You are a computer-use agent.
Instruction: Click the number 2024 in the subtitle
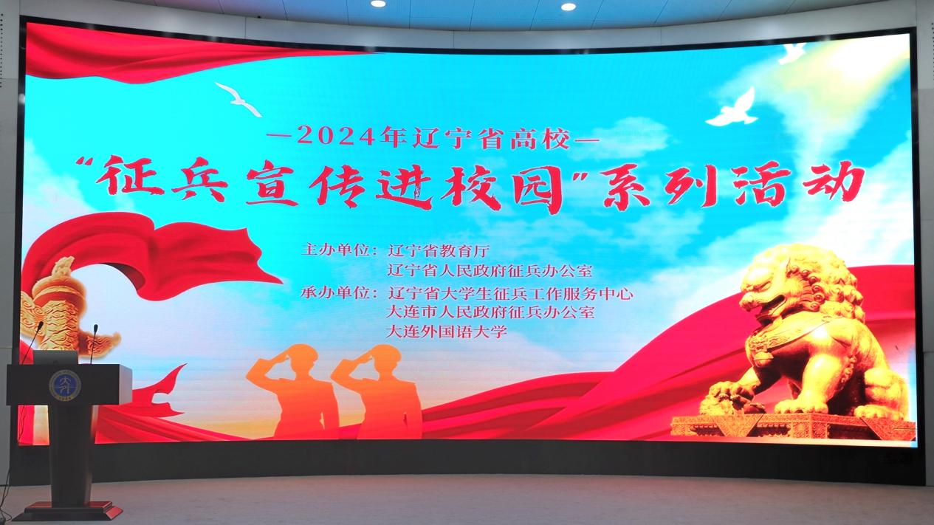click(x=336, y=137)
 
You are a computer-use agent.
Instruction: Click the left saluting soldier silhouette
click(x=295, y=391)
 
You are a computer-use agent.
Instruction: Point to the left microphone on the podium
click(x=32, y=341)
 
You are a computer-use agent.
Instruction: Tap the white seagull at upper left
click(x=239, y=99)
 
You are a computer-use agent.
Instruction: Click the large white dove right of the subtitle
click(x=732, y=109)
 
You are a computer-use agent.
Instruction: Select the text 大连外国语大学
click(x=447, y=332)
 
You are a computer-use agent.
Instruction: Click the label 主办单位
click(x=336, y=250)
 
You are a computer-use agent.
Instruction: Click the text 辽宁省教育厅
click(x=438, y=250)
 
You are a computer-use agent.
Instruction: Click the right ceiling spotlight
click(x=568, y=6)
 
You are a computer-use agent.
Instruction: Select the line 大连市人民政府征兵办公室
click(x=490, y=312)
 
